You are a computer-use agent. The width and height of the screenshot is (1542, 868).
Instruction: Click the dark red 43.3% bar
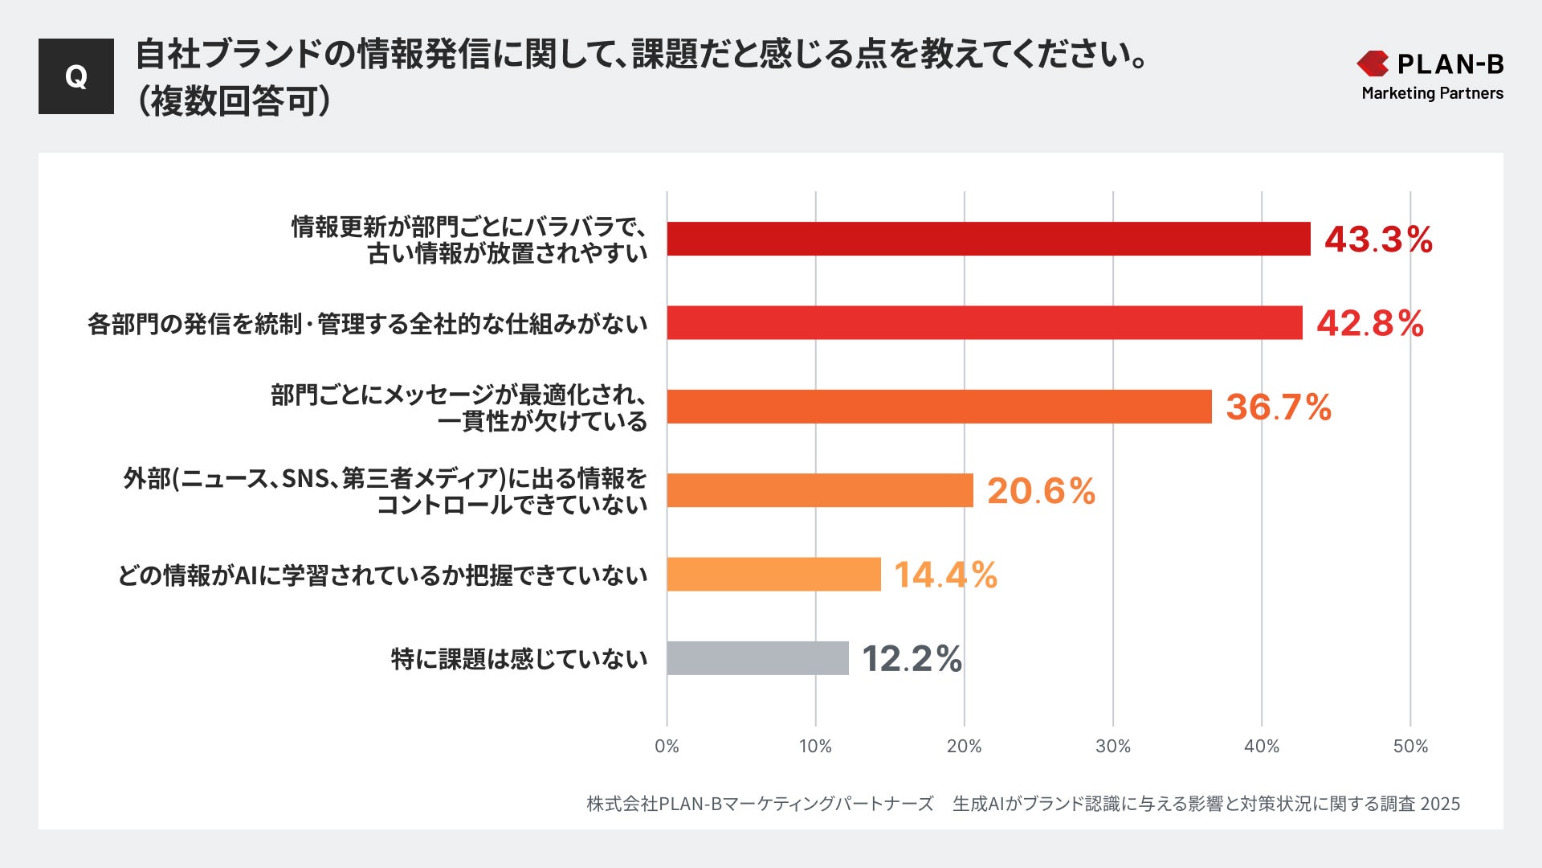point(988,239)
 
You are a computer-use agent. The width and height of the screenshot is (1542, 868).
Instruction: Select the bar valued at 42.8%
point(984,322)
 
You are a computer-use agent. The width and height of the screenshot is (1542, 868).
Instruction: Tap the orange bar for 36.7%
point(939,407)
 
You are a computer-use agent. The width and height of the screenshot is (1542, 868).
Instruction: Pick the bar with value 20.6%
point(819,490)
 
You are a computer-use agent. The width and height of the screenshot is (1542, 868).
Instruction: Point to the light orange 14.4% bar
point(773,574)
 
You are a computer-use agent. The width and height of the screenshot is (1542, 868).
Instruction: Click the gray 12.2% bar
point(757,658)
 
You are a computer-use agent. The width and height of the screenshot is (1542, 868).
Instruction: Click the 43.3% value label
point(1378,240)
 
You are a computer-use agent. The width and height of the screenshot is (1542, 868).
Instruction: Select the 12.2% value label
point(912,659)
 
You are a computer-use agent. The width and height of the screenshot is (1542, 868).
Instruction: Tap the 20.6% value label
point(1041,491)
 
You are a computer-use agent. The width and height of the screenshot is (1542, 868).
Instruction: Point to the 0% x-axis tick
point(667,746)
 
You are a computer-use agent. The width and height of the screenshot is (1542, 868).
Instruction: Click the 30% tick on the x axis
point(1112,746)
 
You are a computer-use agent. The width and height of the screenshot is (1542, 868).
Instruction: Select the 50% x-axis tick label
point(1410,746)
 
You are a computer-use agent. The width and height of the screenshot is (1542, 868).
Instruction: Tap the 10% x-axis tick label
point(815,746)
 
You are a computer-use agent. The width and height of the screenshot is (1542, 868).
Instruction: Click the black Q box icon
point(76,76)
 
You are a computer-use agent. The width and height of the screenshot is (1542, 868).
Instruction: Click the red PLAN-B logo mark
point(1373,63)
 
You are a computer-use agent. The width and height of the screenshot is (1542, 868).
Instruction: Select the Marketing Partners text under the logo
point(1432,93)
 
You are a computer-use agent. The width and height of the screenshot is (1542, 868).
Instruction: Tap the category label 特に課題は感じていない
point(519,659)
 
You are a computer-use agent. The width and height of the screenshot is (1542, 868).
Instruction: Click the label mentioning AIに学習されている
point(382,575)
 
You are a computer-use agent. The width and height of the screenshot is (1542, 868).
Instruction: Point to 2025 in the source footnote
point(1440,804)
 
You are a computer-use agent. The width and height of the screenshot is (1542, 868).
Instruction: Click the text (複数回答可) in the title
point(233,101)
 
